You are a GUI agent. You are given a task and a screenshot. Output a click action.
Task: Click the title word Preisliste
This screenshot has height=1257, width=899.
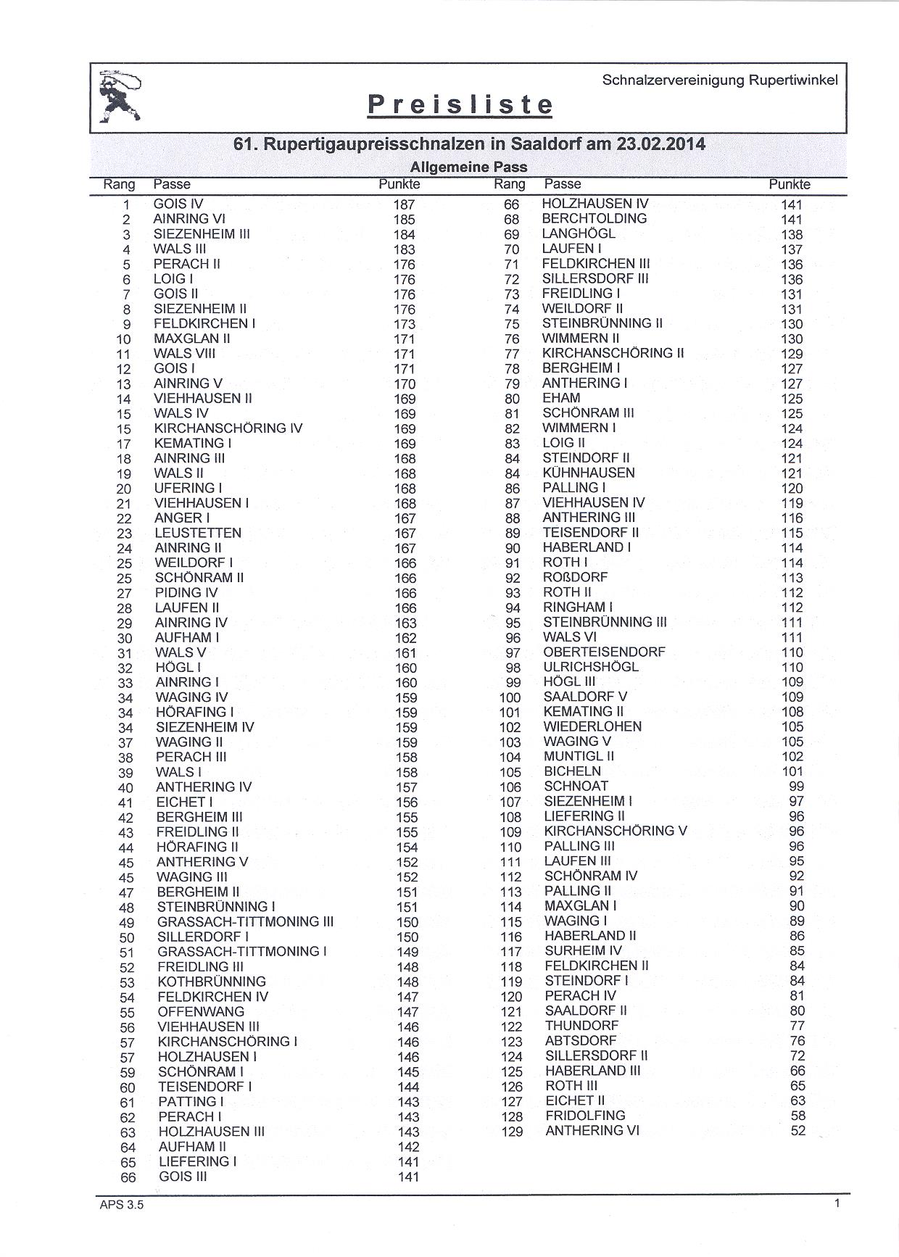click(x=460, y=105)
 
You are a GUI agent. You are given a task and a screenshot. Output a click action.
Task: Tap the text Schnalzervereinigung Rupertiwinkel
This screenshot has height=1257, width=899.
click(x=720, y=80)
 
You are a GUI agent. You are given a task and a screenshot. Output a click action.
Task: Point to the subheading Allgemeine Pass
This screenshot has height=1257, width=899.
click(x=468, y=167)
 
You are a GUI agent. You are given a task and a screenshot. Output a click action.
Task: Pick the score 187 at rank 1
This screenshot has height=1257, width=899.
click(x=404, y=204)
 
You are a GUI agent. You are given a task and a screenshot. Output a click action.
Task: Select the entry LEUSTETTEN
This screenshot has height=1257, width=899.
click(x=198, y=533)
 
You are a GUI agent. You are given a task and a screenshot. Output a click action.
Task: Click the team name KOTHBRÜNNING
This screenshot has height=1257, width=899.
click(x=212, y=982)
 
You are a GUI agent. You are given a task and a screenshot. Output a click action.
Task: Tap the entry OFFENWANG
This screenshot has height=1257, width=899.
click(x=201, y=1011)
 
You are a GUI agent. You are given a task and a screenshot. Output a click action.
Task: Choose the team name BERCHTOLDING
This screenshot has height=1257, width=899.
click(x=594, y=218)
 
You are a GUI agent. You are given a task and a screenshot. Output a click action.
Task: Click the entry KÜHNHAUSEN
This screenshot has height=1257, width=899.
click(x=589, y=473)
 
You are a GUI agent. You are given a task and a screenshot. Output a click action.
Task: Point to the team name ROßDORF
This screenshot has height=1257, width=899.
click(x=576, y=577)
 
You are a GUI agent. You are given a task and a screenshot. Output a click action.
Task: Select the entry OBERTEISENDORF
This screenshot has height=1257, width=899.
click(x=604, y=652)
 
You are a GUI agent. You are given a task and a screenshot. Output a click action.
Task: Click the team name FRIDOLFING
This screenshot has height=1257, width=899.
click(x=585, y=1115)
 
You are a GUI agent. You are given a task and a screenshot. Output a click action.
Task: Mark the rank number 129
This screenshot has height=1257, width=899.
click(x=512, y=1131)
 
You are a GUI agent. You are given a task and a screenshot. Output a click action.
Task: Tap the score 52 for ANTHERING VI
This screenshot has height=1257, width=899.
click(x=797, y=1130)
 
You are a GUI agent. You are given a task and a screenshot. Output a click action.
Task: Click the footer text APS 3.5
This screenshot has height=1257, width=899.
click(x=117, y=1206)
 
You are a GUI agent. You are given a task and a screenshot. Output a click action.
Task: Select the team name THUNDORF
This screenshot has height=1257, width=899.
click(x=581, y=1025)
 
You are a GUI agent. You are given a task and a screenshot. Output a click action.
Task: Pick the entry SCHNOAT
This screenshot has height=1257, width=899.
click(x=576, y=786)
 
